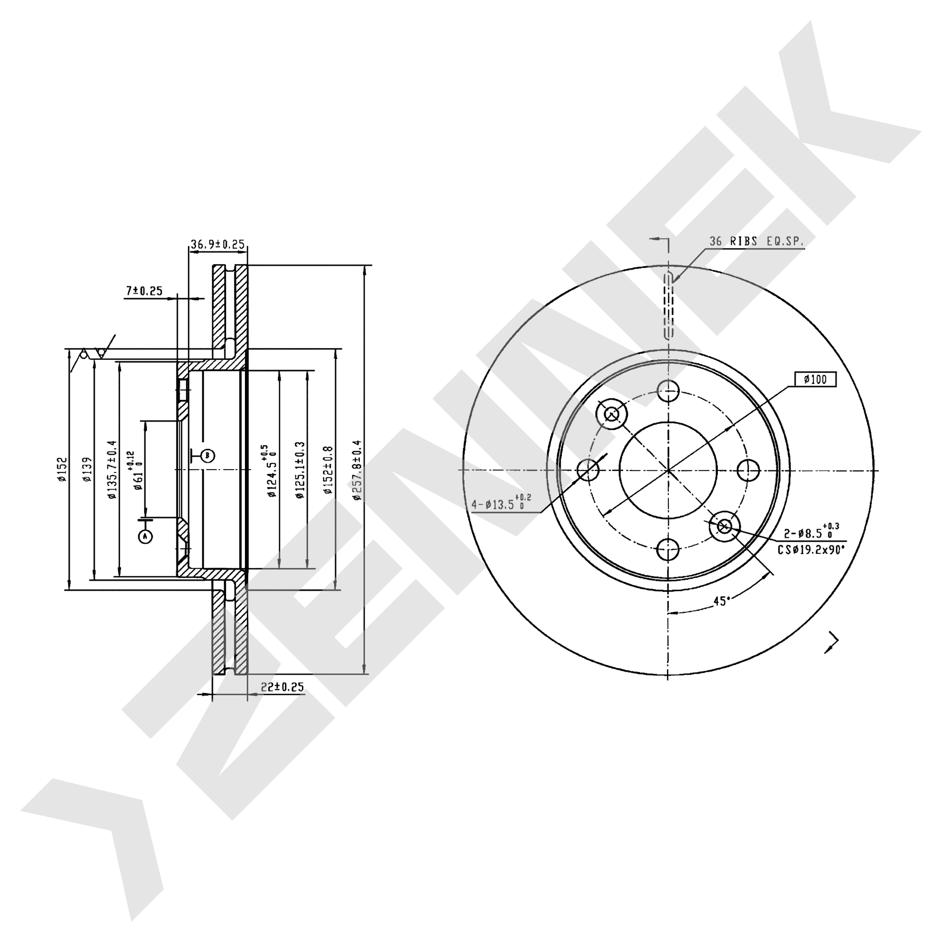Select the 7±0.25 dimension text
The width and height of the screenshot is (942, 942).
point(144,291)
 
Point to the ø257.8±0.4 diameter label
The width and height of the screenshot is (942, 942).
point(357,470)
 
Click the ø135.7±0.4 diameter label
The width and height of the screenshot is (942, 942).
point(112,469)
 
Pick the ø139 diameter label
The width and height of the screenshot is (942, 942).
point(87,469)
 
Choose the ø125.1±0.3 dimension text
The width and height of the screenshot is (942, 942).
point(300,470)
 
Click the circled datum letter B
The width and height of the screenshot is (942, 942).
point(208,456)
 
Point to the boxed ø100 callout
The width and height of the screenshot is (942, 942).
point(815,379)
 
